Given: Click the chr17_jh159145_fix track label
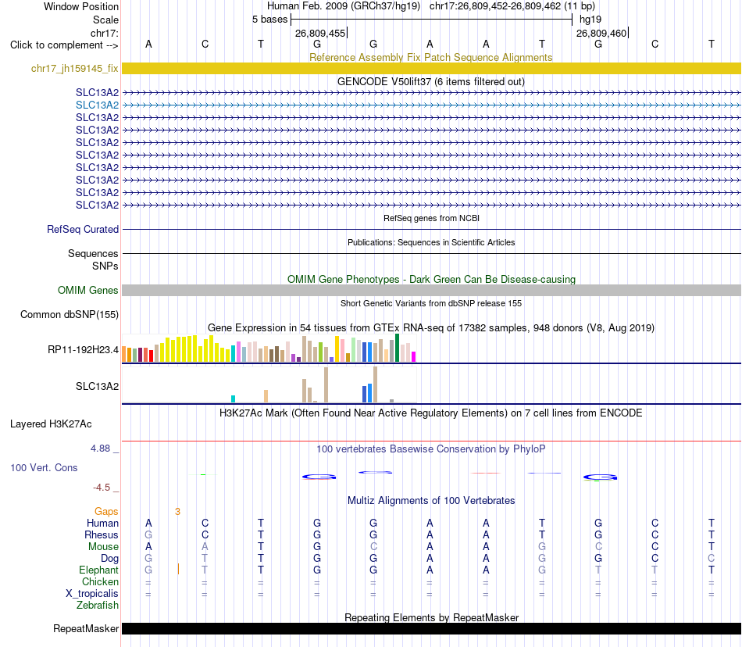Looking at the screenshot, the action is click(75, 69).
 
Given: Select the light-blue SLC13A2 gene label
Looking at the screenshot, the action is click(97, 105).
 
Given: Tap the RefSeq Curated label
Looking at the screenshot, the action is click(83, 229).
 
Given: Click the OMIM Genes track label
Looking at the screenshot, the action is click(88, 290).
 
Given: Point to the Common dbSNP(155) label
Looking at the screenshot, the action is click(70, 315).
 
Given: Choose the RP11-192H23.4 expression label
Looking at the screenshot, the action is click(84, 350).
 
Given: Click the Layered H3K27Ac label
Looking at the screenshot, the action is click(51, 424).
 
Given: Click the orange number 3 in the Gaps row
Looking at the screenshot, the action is click(177, 512).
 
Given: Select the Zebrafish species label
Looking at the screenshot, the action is click(98, 606).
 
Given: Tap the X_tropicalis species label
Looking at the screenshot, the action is click(92, 594).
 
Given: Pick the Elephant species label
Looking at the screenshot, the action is click(99, 570).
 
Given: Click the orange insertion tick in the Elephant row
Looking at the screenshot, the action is click(178, 569).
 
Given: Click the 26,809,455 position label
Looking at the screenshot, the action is click(320, 34).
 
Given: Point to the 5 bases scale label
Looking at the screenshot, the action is click(269, 20).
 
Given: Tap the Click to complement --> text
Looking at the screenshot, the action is click(64, 45).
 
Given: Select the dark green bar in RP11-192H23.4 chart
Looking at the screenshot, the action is click(398, 348).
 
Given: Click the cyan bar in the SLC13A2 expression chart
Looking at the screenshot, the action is click(233, 399).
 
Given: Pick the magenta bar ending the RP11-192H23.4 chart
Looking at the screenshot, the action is click(414, 357).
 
